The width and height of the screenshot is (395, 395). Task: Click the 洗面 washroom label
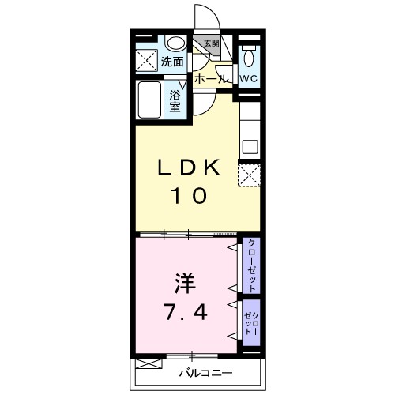[173, 61]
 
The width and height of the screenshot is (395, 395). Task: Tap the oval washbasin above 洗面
[175, 43]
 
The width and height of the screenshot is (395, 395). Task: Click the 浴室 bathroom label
[176, 101]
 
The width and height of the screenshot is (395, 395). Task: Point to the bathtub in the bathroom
[149, 101]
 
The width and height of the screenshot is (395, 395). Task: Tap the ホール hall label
[210, 79]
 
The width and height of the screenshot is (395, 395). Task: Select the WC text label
[249, 79]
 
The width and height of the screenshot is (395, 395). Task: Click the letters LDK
[186, 167]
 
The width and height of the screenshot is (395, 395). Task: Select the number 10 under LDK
[186, 194]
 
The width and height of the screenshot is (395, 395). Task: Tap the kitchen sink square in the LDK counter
[250, 145]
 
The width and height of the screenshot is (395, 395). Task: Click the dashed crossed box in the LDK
[250, 175]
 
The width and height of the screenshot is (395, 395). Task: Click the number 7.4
[186, 313]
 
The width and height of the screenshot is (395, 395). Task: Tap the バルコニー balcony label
[204, 371]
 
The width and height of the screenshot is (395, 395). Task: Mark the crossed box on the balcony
[147, 364]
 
